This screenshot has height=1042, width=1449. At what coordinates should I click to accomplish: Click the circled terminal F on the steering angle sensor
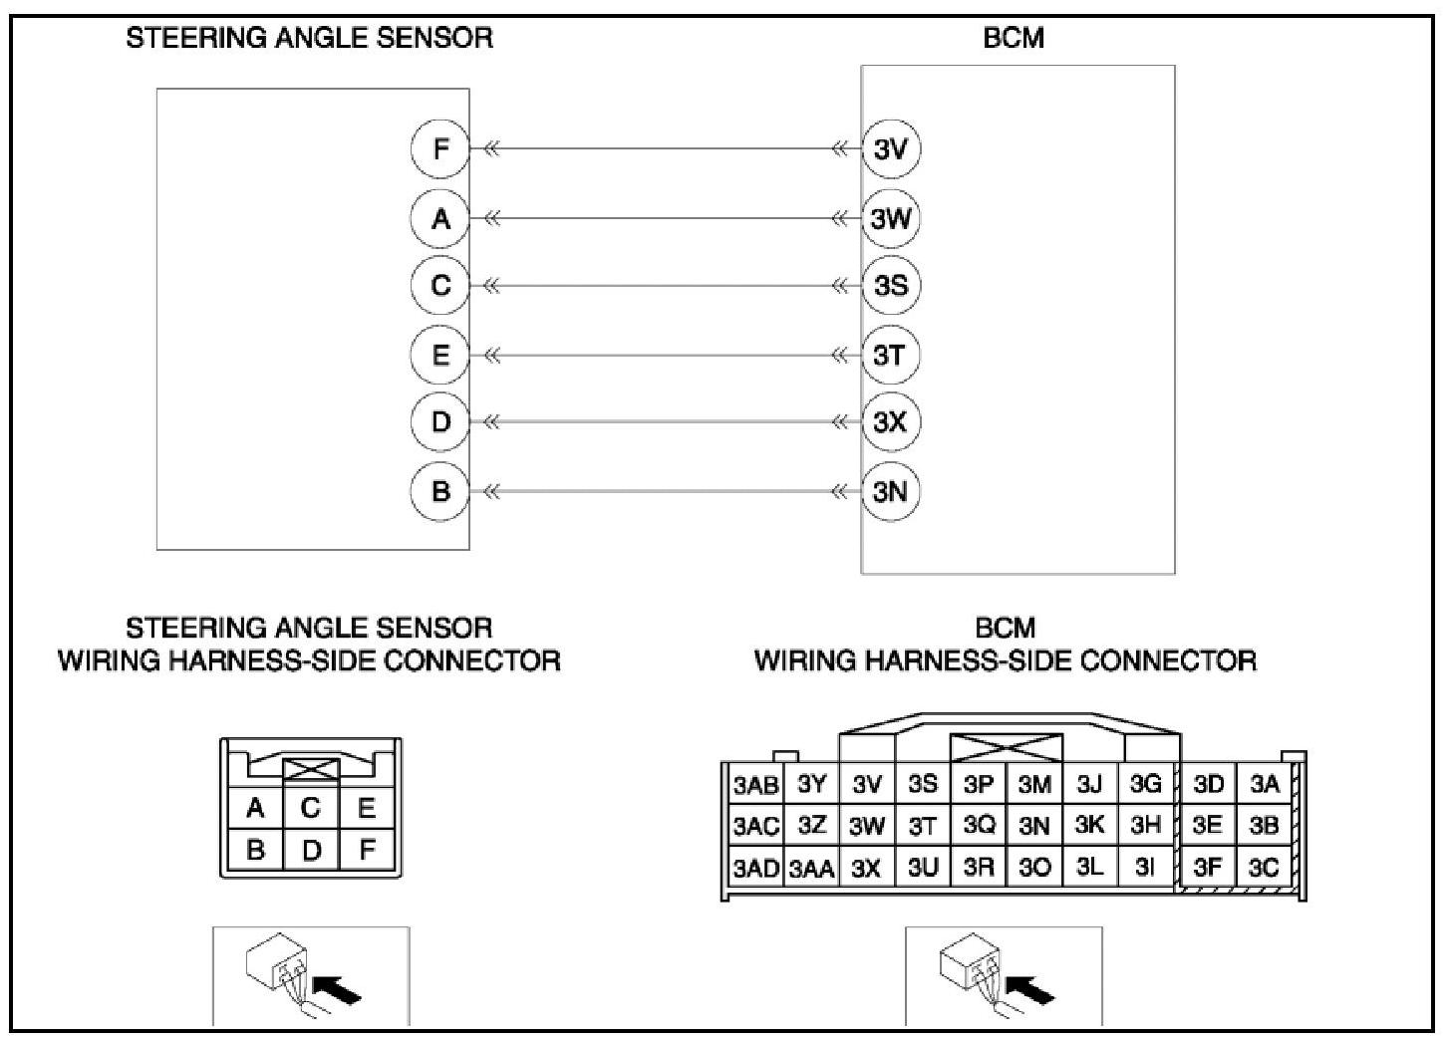[x=440, y=149]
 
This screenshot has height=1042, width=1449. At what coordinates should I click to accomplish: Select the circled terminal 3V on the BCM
[x=890, y=149]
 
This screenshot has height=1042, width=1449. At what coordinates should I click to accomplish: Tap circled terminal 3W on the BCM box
[x=890, y=218]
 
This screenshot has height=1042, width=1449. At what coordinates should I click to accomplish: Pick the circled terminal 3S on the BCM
[x=890, y=286]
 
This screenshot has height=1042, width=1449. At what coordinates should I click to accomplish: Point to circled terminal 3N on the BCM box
[x=890, y=491]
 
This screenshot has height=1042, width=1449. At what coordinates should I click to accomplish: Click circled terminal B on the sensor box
[x=440, y=491]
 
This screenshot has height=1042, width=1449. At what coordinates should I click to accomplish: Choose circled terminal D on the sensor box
[x=440, y=422]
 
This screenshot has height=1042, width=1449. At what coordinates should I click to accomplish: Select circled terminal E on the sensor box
[x=440, y=355]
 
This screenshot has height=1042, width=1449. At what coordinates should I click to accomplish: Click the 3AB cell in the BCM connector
[x=755, y=785]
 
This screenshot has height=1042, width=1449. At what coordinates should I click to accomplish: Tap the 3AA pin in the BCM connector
[x=812, y=869]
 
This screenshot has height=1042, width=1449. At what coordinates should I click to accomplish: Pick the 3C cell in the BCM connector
[x=1264, y=868]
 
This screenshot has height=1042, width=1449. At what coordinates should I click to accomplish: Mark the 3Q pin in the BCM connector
[x=979, y=825]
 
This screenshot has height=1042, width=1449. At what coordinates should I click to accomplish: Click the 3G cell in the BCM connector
[x=1145, y=784]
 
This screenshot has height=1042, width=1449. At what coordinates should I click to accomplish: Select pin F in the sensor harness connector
[x=367, y=850]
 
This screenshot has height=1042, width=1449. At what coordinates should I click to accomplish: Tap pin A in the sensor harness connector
[x=255, y=807]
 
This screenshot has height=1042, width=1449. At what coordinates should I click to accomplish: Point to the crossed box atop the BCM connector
[x=1007, y=747]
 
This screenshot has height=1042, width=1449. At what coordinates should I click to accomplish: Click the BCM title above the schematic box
[x=1014, y=39]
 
